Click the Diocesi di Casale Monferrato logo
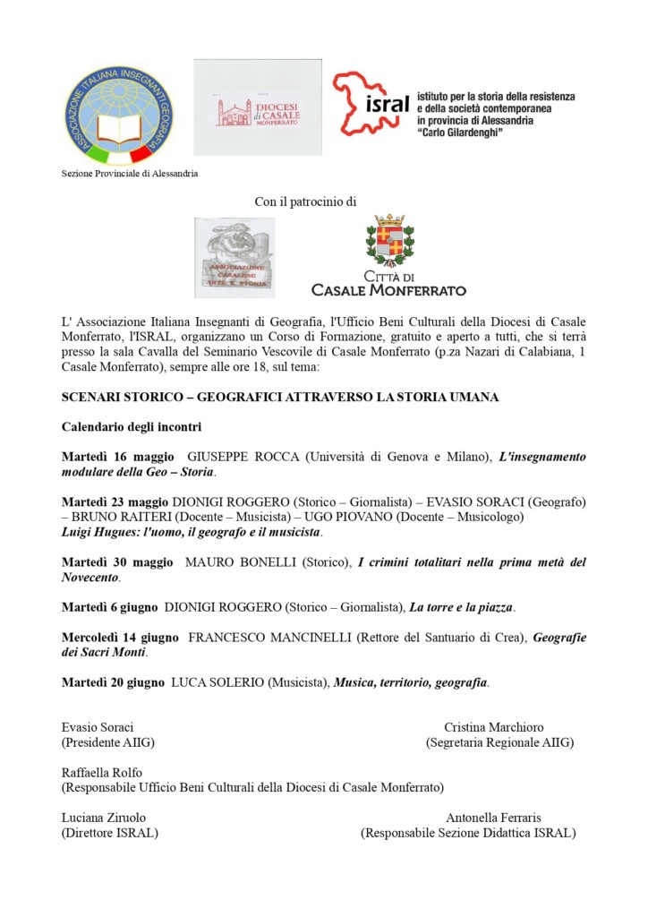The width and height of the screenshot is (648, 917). (257, 107)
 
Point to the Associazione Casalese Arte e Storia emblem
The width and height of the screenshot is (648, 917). (234, 257)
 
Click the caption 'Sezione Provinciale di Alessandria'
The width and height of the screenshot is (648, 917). (130, 174)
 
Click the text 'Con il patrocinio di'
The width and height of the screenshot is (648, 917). (305, 202)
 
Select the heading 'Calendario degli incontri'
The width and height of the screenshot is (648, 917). (131, 426)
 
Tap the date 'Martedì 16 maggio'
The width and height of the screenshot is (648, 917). (118, 457)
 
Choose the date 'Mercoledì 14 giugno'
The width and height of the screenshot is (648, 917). (121, 638)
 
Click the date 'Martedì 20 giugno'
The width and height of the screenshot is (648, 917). (113, 682)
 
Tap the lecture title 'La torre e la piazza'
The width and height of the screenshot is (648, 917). (461, 607)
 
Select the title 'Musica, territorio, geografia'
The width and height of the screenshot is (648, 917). (411, 682)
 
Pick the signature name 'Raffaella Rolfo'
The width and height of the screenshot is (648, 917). (101, 772)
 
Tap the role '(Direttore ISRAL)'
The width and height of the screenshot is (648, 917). (109, 833)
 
